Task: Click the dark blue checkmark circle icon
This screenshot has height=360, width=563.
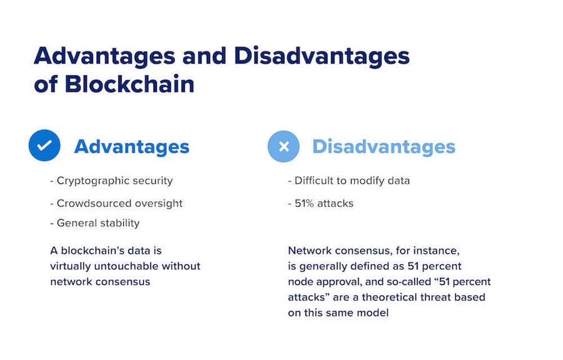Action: coord(44,146)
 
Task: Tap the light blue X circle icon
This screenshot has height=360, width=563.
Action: coord(283,146)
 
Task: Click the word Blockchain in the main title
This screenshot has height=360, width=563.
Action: coord(130,85)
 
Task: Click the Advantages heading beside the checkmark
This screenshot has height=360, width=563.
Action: coord(132,146)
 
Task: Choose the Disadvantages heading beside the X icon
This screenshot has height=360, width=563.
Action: coord(383,146)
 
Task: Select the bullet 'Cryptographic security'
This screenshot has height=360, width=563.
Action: coord(111,181)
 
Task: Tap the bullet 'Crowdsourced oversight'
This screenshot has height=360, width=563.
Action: coord(116,203)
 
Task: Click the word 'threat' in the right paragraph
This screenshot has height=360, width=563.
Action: coord(436,296)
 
